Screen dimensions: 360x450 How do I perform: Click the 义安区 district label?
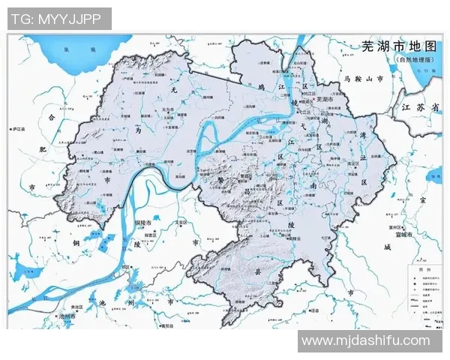(181, 222)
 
